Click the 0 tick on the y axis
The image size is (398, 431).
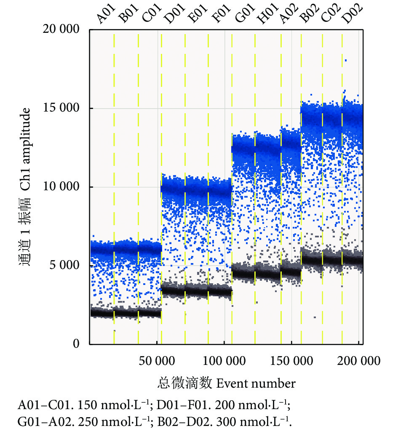[76, 344]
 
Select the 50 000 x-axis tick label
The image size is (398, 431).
[157, 361]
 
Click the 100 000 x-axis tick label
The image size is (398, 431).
[224, 361]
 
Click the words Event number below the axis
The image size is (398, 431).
[256, 384]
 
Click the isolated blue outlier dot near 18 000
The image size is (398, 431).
[345, 61]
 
